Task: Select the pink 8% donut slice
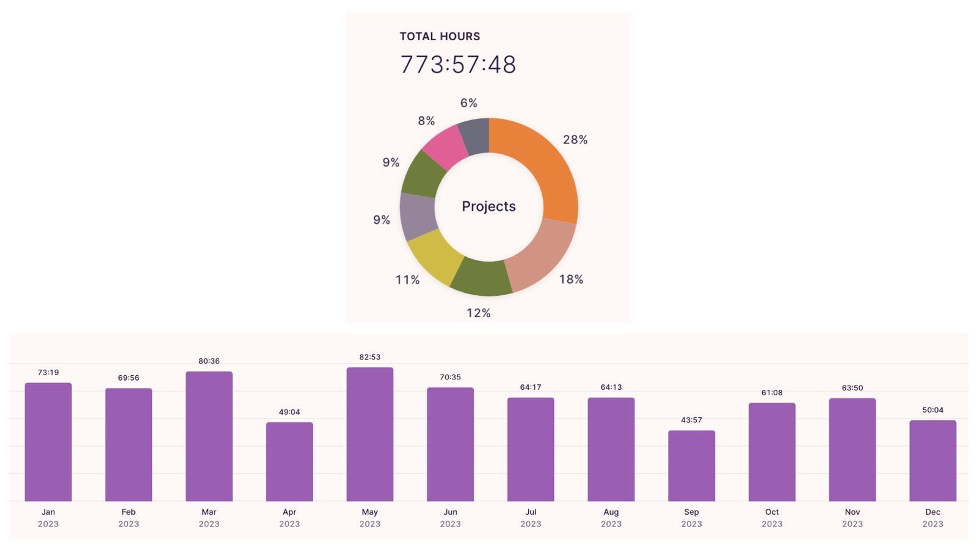(443, 146)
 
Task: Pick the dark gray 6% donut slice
(474, 135)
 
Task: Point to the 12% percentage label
(479, 313)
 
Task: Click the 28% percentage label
(575, 140)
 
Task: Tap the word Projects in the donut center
(488, 206)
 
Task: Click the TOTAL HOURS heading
(440, 37)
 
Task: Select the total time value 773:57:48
(458, 65)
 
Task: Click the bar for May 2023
(370, 434)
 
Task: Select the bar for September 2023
(691, 466)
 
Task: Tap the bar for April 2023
(289, 462)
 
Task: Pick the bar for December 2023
(932, 461)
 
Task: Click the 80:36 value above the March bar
(209, 361)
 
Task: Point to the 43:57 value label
(691, 420)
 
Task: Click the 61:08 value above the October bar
(772, 393)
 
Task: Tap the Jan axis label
(48, 512)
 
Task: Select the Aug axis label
(611, 512)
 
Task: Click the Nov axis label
(852, 512)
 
